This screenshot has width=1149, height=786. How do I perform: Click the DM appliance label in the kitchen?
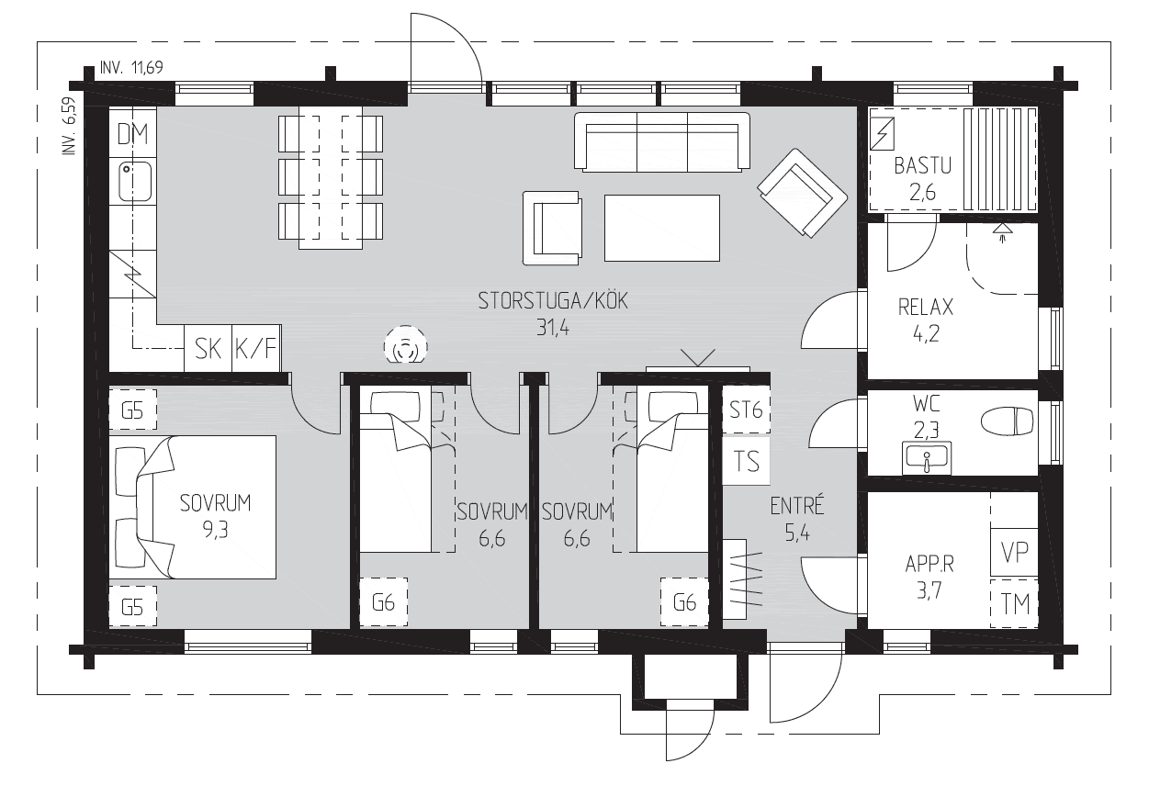(133, 134)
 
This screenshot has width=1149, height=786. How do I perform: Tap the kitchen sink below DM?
(134, 182)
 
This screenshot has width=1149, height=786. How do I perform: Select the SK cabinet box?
(208, 349)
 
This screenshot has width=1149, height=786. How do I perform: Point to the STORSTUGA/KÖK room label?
(553, 302)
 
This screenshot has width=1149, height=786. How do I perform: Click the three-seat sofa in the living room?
(661, 142)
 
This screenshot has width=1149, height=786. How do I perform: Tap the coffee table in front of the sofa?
(661, 228)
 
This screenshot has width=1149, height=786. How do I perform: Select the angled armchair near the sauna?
(801, 194)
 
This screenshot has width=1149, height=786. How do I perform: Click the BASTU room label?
(922, 166)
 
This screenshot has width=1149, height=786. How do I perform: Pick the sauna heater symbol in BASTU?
(883, 134)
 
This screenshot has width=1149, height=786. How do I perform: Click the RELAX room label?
(926, 307)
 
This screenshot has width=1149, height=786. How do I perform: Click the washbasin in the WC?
(926, 456)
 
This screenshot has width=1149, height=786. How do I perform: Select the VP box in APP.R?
(1014, 553)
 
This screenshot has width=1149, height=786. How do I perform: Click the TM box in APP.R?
(1014, 603)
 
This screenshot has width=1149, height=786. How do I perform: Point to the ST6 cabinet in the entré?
(746, 410)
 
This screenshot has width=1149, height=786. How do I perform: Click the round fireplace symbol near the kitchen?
(404, 347)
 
